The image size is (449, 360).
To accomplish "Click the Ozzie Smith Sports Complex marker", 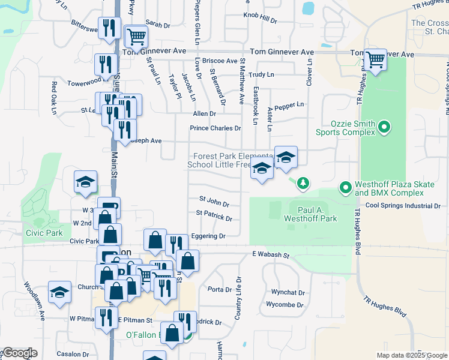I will [386, 127].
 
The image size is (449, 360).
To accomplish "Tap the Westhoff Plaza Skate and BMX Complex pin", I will [345, 188].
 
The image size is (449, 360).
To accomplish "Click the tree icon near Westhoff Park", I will [304, 182].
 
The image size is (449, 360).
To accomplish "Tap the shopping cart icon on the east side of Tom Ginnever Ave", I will [375, 60].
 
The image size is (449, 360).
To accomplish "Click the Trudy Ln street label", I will [261, 74].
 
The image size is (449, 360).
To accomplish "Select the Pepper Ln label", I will [289, 104].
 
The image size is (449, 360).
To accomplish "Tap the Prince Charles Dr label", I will [215, 128].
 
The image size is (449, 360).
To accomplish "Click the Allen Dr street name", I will [204, 113].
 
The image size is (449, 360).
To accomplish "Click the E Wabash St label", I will [270, 255].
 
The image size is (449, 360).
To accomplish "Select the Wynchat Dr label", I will [288, 293].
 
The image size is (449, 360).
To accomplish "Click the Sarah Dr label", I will [158, 25].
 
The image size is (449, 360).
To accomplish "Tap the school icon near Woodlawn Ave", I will [59, 292].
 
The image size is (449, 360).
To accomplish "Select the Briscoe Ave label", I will [220, 61].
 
